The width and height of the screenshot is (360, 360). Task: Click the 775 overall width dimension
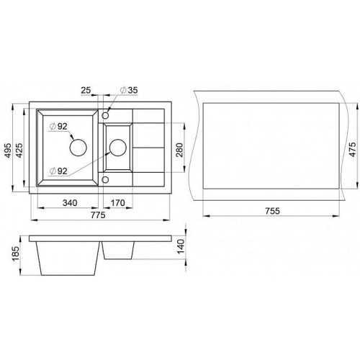point(98,215)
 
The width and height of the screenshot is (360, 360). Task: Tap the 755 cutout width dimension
point(273,211)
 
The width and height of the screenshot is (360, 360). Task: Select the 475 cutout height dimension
point(352,150)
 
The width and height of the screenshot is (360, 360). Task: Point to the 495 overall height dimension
point(8,150)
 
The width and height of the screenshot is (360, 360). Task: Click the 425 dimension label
point(19,150)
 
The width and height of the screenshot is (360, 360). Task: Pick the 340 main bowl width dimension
point(70,203)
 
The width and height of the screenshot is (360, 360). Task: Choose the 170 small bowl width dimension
point(117,203)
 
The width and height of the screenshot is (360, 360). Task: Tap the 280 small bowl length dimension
point(179,150)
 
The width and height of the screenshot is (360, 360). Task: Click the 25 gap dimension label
point(86,90)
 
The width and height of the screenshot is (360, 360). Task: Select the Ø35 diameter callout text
point(129,90)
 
